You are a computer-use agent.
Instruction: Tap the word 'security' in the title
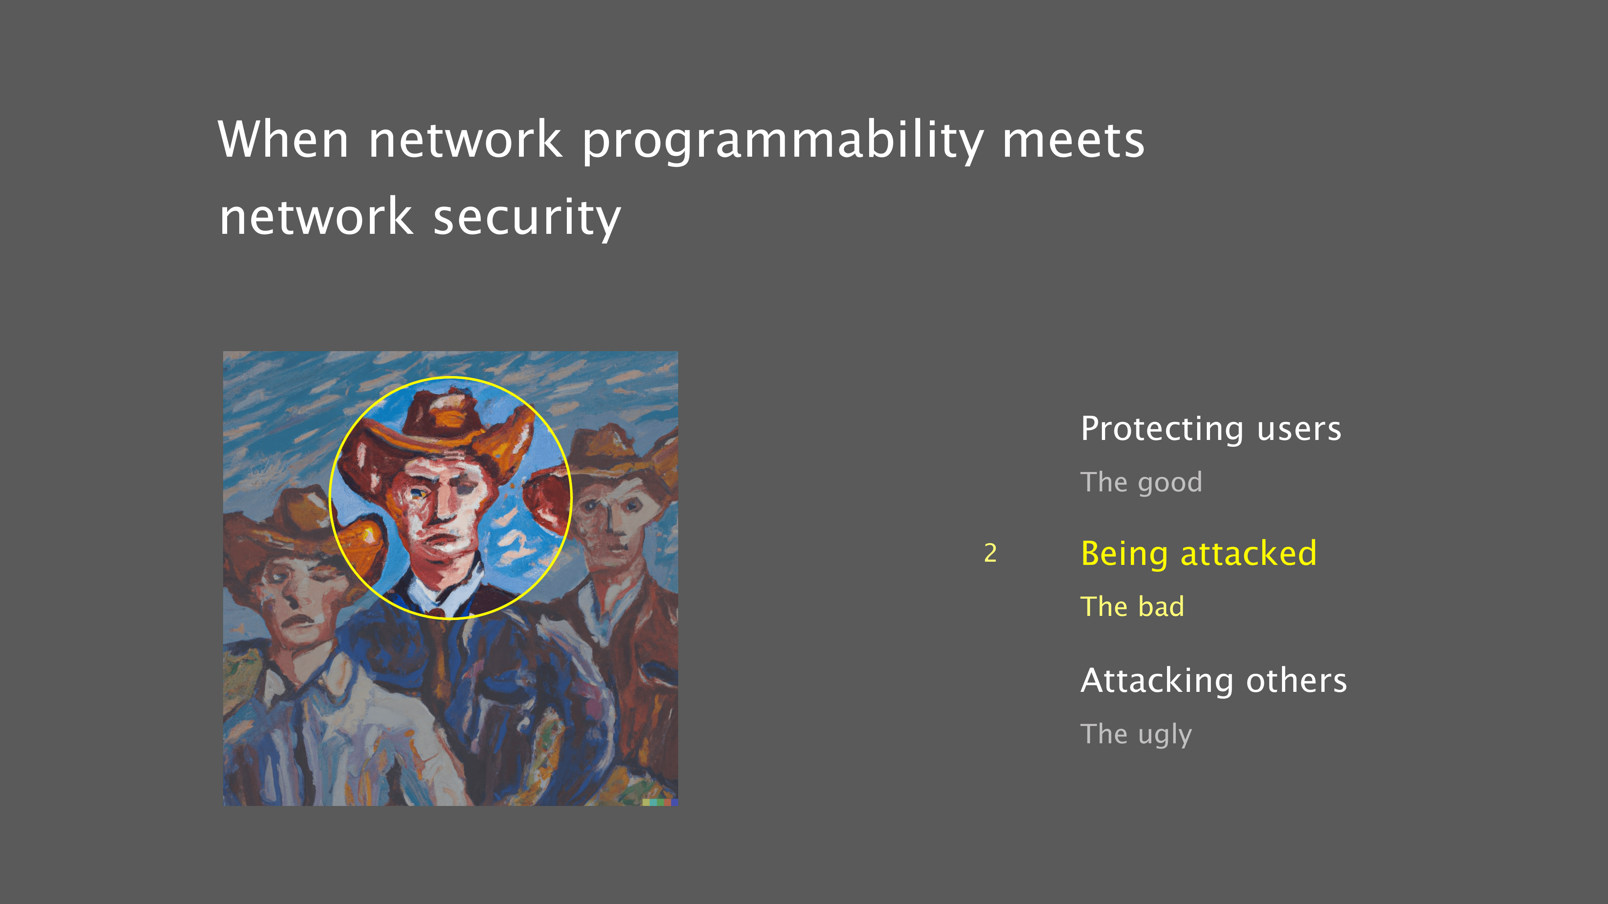point(527,218)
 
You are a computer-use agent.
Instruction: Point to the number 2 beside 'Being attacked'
point(990,553)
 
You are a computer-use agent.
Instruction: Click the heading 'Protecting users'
point(1211,429)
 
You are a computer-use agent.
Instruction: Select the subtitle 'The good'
point(1141,482)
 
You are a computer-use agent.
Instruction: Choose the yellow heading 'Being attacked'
point(1198,553)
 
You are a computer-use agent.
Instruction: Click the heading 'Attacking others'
point(1214,680)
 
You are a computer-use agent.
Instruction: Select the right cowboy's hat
point(618,452)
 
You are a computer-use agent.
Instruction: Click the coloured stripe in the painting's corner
point(660,802)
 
